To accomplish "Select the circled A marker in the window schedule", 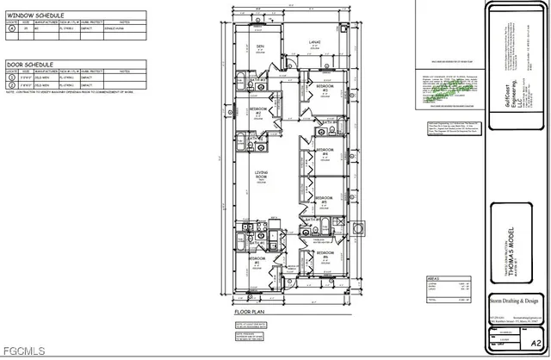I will (10, 28).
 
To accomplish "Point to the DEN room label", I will (260, 47).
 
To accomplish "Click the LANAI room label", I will (315, 41).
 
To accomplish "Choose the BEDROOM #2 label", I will (256, 111).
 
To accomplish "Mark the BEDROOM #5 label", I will (324, 198).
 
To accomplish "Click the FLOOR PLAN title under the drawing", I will (248, 313).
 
